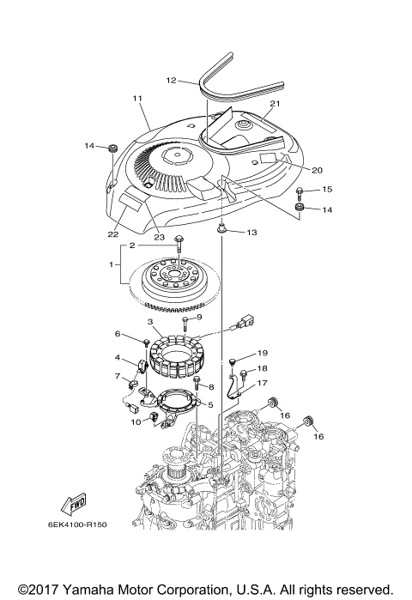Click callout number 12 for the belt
[x=170, y=81]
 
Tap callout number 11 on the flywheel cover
[x=137, y=100]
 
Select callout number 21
[x=276, y=104]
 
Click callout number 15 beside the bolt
[x=326, y=188]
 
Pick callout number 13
[x=251, y=233]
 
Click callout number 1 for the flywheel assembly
[x=112, y=266]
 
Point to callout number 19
[x=263, y=352]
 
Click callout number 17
[x=263, y=384]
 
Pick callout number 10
[x=134, y=421]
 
